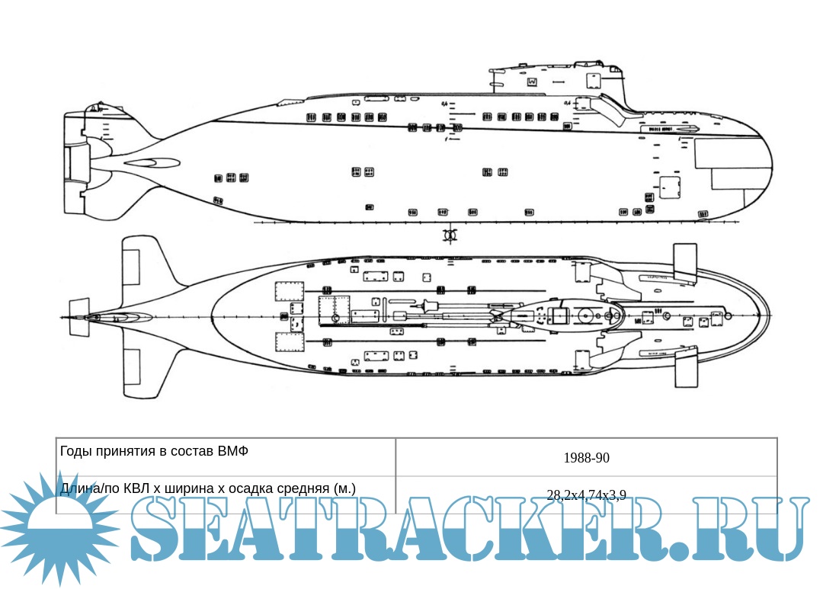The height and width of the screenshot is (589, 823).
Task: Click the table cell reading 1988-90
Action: [x=586, y=458]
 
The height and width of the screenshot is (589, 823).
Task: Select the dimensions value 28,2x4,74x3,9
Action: [x=586, y=495]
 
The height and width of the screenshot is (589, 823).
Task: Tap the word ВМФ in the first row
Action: [x=233, y=451]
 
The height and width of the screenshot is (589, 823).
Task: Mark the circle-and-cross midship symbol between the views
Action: [x=450, y=235]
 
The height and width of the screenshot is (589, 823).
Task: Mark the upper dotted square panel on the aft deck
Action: [x=289, y=291]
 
